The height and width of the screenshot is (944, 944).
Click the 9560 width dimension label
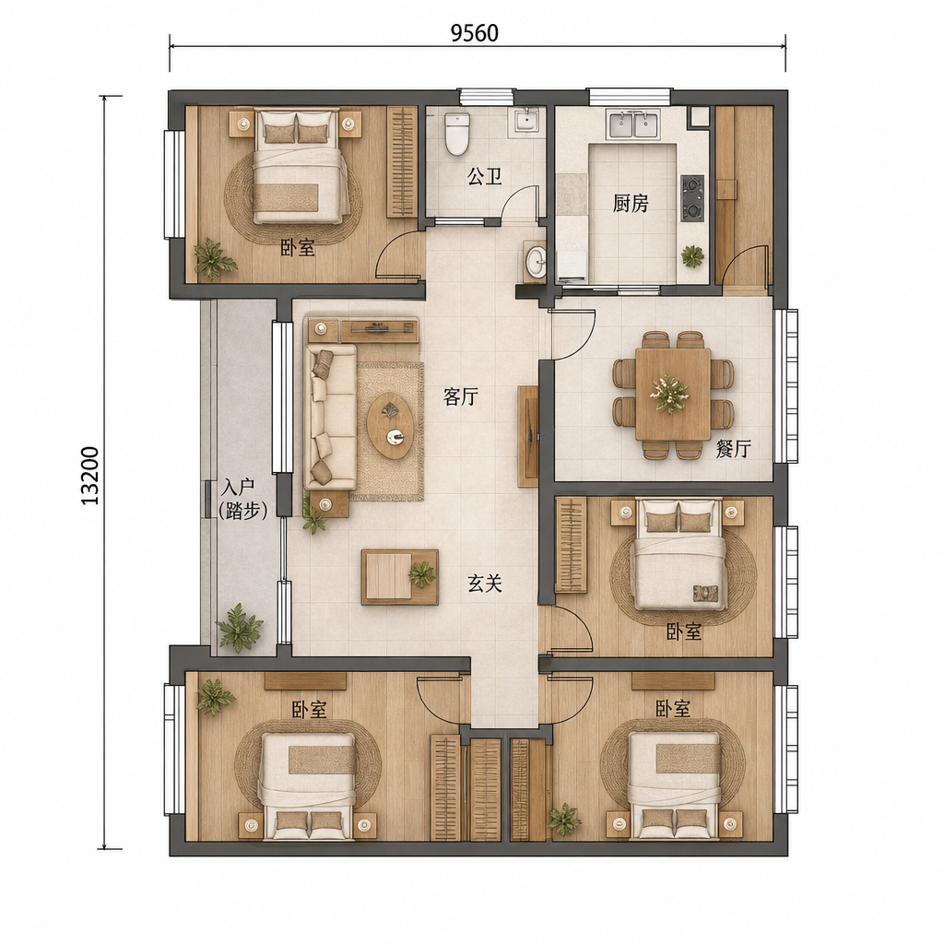(x=475, y=33)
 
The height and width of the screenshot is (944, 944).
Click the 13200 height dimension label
(x=90, y=476)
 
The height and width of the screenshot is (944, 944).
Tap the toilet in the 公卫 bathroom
(x=456, y=133)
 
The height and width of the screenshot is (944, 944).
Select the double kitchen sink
(x=633, y=124)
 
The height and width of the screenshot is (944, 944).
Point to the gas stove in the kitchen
(x=693, y=197)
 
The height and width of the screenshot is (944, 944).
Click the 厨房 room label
(x=631, y=204)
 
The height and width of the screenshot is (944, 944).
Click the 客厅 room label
(x=461, y=396)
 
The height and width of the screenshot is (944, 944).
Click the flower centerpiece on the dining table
(x=668, y=394)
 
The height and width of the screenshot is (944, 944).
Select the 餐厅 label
(x=733, y=449)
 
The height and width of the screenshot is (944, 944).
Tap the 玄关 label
(x=485, y=583)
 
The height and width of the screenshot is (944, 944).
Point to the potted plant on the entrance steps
(x=240, y=628)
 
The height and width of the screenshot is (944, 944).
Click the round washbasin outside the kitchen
(x=535, y=261)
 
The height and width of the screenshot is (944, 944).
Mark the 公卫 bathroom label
(x=485, y=177)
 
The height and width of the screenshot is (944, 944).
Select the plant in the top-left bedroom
(x=213, y=259)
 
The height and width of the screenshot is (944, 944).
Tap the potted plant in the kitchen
(x=692, y=256)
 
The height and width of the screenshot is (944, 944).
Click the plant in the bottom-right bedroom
(x=565, y=820)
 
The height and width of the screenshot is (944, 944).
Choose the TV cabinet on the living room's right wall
(x=528, y=436)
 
